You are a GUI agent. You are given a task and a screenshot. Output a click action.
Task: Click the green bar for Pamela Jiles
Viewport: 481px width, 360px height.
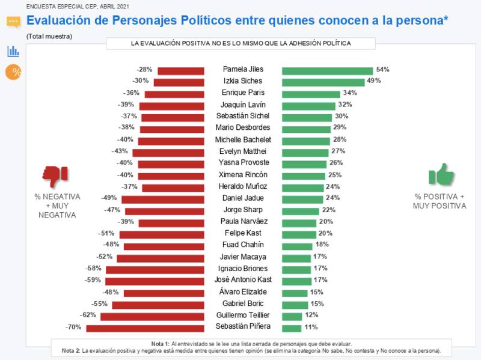tap(327, 70)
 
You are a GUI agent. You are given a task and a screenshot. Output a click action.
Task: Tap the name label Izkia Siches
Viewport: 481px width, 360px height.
tap(243, 82)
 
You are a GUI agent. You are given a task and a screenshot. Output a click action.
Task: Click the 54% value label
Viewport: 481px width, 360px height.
tap(382, 70)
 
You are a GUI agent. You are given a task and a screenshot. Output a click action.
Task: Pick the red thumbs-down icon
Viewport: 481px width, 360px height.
tap(55, 175)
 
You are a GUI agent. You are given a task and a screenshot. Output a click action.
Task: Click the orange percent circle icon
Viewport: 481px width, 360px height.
tap(13, 72)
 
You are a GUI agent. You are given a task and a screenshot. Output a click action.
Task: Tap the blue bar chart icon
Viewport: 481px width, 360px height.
tap(13, 51)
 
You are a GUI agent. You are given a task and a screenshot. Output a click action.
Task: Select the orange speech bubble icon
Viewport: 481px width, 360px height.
tap(13, 22)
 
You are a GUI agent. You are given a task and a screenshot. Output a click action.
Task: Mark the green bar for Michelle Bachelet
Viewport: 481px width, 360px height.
tap(306, 140)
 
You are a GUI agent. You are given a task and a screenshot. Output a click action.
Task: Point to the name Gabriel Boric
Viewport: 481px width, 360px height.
tap(243, 304)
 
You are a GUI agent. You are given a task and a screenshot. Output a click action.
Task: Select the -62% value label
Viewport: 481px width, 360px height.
tap(88, 316)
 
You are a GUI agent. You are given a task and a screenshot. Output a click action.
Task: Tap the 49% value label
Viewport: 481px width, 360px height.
tap(374, 81)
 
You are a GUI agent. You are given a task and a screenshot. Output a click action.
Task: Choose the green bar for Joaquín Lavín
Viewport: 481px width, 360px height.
tap(308, 105)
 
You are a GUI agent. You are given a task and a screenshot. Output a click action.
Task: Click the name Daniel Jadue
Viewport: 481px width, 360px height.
tap(243, 198)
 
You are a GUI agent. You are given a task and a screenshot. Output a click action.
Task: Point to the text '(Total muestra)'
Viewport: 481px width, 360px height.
tap(49, 36)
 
